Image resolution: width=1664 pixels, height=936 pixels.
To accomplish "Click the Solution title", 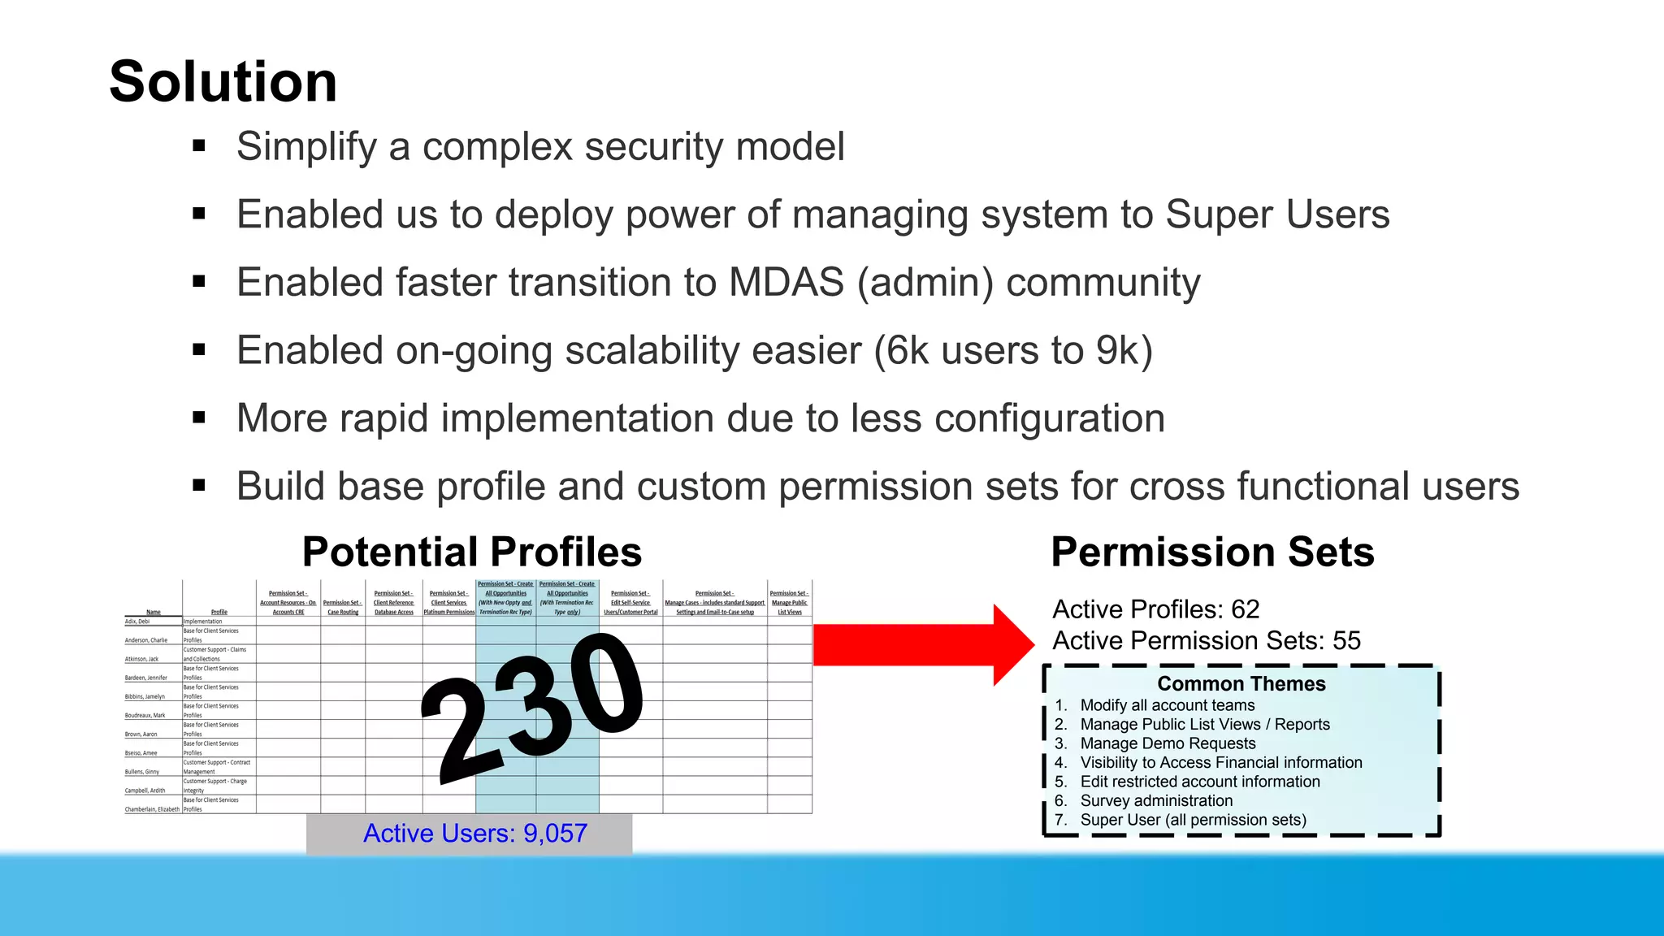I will (x=223, y=82).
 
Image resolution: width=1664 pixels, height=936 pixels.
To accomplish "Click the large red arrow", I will (x=918, y=645).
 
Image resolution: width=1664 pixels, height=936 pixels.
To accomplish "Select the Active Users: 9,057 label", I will (x=474, y=834).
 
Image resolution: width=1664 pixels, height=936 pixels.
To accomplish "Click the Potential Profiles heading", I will (x=471, y=552).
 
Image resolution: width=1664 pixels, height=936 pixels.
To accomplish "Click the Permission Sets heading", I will (x=1211, y=552).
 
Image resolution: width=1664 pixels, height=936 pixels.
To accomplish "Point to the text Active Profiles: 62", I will (x=1155, y=609).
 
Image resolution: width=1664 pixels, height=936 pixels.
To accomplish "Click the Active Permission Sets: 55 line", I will (x=1206, y=641).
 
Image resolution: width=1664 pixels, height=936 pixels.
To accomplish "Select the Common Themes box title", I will (x=1241, y=684).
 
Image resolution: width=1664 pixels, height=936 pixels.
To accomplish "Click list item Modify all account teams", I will (x=1167, y=705).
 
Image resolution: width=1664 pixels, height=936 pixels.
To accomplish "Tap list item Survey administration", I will (x=1155, y=801).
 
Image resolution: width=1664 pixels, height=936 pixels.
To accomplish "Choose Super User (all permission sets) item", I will (x=1193, y=820).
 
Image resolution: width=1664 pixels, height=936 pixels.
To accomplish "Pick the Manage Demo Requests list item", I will (x=1167, y=743).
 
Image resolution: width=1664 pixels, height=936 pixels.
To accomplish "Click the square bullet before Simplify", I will (x=199, y=147).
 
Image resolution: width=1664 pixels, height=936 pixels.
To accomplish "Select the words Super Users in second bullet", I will (x=1276, y=215).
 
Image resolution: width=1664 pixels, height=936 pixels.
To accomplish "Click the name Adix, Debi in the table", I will (x=137, y=622).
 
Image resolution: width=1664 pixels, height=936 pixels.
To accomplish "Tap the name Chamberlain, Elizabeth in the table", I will (x=152, y=809).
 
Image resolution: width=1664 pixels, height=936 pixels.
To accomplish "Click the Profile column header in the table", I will (x=219, y=612).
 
